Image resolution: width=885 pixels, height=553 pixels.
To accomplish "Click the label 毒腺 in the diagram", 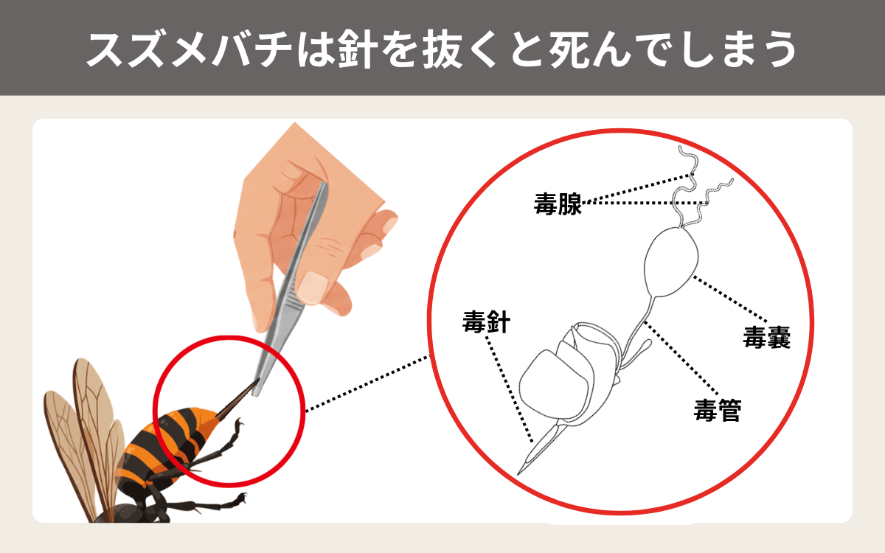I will click(558, 204).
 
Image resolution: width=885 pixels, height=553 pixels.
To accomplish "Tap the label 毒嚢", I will click(766, 338).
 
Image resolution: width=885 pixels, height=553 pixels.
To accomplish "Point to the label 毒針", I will click(486, 321).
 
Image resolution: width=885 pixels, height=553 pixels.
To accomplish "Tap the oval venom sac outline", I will click(671, 262).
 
